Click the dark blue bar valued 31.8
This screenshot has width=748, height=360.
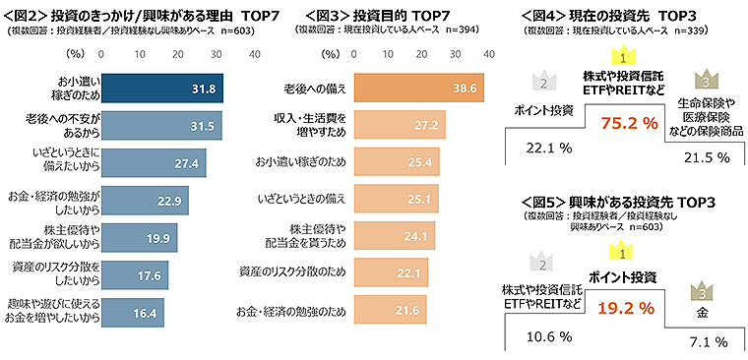162,88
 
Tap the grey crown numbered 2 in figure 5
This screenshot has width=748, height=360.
538,260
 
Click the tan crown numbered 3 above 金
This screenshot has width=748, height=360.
701,292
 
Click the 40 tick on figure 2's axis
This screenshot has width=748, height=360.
255,53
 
